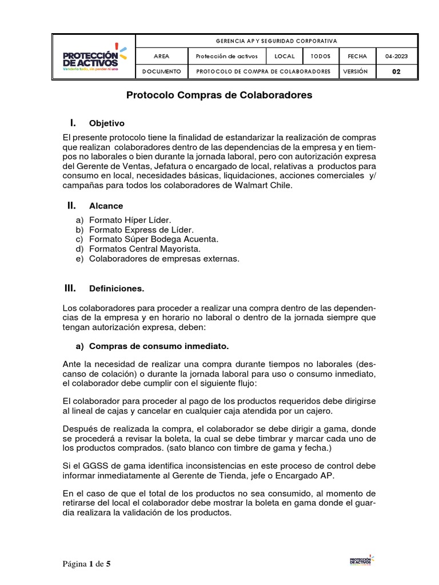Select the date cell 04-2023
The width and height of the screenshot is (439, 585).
396,57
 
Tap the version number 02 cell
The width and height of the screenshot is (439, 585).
396,72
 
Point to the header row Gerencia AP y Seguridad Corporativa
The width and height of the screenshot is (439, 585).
276,41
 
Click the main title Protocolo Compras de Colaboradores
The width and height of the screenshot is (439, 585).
219,95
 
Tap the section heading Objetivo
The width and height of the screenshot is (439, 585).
106,123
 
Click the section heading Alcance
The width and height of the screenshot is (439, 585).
106,206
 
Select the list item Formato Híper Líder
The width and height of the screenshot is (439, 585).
130,220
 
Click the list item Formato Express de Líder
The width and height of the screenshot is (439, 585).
137,230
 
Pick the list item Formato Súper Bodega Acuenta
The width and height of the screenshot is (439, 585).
153,239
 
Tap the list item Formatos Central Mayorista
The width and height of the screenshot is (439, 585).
145,249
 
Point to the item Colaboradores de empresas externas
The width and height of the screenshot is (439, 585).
164,259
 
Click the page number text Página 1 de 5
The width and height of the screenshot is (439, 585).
87,564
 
